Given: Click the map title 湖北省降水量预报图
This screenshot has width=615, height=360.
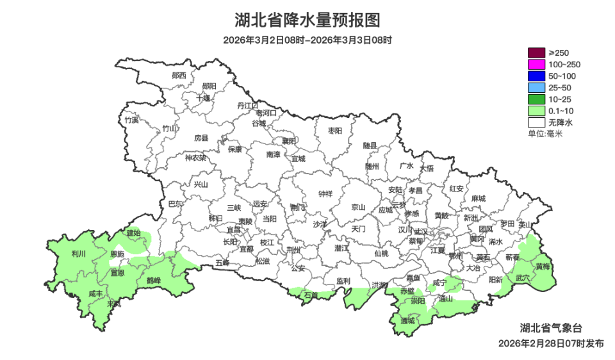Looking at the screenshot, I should tap(307, 20).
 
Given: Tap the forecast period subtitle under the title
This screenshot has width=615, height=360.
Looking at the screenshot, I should tap(307, 40).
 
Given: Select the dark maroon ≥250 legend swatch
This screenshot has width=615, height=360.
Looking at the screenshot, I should tap(536, 53).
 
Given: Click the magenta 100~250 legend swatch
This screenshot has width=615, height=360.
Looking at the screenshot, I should tap(536, 64).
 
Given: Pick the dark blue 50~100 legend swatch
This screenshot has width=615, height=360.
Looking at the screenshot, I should tap(536, 76).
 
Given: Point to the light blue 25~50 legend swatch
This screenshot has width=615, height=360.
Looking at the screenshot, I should tap(536, 87).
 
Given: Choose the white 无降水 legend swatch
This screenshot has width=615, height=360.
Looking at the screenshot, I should tap(536, 122).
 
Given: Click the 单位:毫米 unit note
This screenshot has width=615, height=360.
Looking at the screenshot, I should tap(545, 133).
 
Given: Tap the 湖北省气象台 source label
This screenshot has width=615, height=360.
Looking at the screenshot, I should tap(551, 327).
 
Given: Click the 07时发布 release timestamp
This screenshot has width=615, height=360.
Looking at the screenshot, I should tap(551, 343).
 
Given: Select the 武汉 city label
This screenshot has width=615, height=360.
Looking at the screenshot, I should tap(420, 231).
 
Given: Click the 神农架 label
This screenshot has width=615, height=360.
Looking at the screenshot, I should tap(195, 158).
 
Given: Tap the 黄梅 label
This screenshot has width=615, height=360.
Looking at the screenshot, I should tap(543, 266).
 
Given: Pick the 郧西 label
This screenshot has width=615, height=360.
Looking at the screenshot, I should tap(179, 75).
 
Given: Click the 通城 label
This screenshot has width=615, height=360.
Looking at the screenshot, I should tap(407, 320).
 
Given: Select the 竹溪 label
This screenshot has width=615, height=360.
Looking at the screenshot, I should tap(131, 120).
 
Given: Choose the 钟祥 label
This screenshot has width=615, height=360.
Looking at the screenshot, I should tap(325, 194).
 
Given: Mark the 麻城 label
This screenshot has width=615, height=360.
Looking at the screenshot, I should tap(478, 199).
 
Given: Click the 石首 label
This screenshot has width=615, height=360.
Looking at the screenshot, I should tap(311, 295).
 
